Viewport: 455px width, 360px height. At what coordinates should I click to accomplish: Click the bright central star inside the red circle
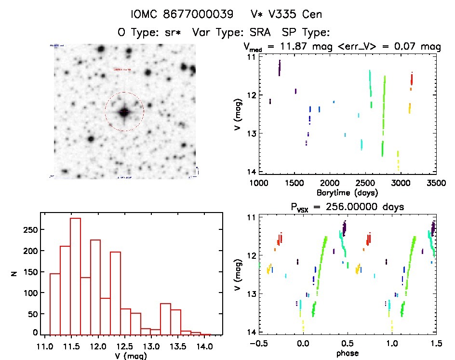[124, 112]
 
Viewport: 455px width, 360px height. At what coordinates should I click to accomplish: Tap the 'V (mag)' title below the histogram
[132, 356]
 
